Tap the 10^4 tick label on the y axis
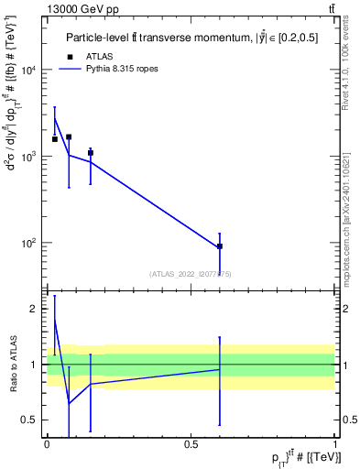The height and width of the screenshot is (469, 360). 30,71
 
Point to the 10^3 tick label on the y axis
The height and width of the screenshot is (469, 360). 30,157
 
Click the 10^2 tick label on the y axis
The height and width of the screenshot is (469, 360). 30,243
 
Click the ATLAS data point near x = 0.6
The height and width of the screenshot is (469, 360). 220,246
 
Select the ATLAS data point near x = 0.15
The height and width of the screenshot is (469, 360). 90,153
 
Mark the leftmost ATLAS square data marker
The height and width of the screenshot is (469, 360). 55,139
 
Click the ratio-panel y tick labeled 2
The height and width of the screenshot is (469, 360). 36,309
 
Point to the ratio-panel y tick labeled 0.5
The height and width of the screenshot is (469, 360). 32,420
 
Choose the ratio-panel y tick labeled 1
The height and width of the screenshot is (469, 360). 36,365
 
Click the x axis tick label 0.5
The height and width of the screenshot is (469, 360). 191,443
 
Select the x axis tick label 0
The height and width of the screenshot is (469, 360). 47,443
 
